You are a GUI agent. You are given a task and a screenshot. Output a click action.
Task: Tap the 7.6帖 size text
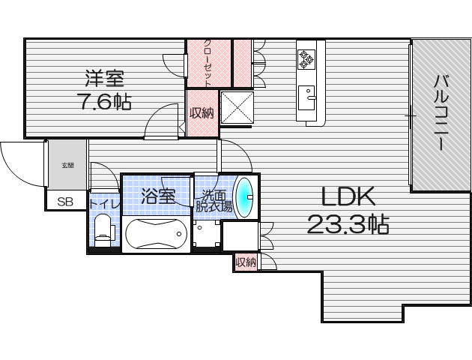click(x=104, y=102)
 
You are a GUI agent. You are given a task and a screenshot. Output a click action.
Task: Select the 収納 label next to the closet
click(x=202, y=113)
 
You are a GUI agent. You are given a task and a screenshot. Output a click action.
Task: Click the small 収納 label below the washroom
click(x=245, y=262)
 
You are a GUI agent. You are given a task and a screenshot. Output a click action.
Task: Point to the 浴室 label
click(x=158, y=196)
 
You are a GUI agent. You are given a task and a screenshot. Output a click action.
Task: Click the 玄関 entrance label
click(x=67, y=164)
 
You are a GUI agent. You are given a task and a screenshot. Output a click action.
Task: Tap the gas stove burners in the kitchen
click(x=307, y=58)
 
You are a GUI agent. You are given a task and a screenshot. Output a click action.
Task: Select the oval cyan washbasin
click(x=245, y=196)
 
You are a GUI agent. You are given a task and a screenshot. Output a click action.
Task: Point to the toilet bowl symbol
click(x=103, y=229)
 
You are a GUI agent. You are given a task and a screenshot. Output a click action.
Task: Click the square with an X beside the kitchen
click(x=237, y=106)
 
